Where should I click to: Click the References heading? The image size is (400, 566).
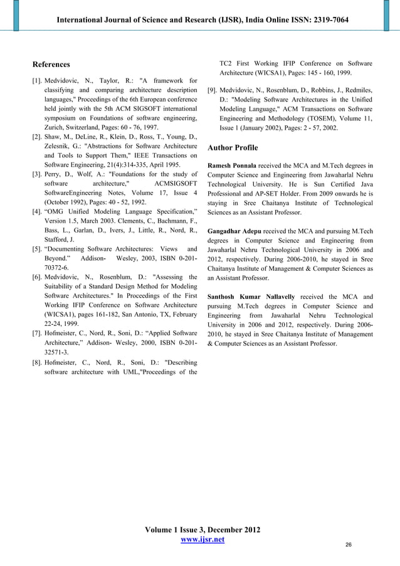pyautogui.click(x=51, y=65)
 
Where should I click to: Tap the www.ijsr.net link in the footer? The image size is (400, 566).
pyautogui.click(x=203, y=540)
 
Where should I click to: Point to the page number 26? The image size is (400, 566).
pyautogui.click(x=348, y=545)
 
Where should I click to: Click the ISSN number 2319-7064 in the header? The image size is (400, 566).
pyautogui.click(x=325, y=20)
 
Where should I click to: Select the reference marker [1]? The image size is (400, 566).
pyautogui.click(x=38, y=81)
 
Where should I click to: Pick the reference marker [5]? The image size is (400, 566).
pyautogui.click(x=38, y=249)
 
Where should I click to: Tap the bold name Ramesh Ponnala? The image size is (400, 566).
pyautogui.click(x=231, y=166)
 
